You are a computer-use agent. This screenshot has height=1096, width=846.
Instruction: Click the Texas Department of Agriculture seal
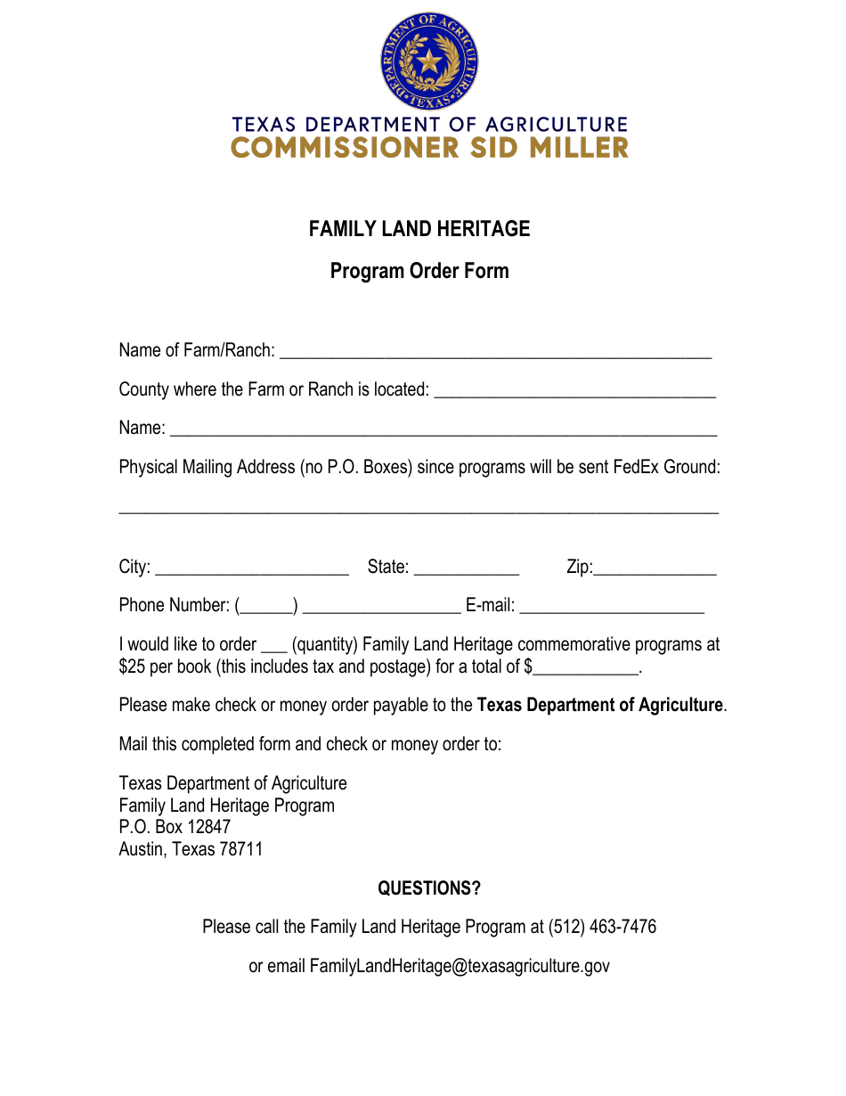(429, 61)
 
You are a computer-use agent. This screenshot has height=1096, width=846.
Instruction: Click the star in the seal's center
(429, 61)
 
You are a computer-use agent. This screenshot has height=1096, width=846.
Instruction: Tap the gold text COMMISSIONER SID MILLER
(429, 148)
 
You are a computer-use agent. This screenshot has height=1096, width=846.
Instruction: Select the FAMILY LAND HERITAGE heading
(419, 229)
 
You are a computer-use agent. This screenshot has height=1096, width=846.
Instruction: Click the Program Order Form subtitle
(419, 271)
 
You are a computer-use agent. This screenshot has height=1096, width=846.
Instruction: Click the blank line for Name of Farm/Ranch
(495, 354)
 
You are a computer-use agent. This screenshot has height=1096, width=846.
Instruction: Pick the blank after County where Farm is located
(574, 393)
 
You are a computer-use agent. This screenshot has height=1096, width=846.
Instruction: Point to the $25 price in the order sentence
(133, 667)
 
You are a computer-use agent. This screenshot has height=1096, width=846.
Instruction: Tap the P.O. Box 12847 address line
(175, 827)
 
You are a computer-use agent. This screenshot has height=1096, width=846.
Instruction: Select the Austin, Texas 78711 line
(191, 849)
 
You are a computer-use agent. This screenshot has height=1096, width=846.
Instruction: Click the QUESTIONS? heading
(429, 888)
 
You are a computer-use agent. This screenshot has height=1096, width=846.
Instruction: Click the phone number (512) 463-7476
(602, 927)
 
